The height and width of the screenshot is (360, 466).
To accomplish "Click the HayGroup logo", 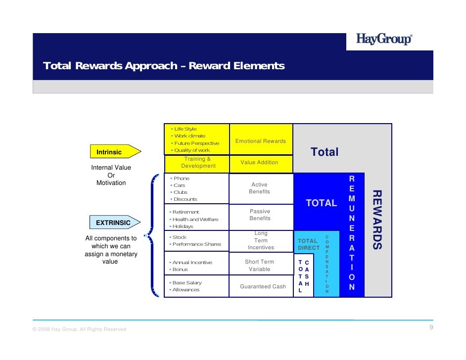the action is click(383, 40).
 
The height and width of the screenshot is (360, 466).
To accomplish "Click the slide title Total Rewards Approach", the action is click(164, 66).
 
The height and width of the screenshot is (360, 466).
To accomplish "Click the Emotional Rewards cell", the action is click(261, 141).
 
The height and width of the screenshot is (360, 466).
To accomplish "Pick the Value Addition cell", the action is click(259, 162).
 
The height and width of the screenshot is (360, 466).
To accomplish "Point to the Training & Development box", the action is click(197, 163).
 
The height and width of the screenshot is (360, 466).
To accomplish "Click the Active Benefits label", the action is click(259, 188).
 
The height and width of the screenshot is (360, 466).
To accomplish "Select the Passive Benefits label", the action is click(260, 215).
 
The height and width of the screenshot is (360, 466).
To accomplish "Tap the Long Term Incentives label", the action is click(261, 240).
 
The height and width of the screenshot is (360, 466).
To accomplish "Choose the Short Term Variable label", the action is click(259, 266).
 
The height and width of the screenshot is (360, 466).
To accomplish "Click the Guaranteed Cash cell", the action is click(263, 286).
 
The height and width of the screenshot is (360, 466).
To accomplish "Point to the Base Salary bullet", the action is click(187, 283).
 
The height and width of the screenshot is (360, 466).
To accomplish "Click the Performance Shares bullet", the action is click(196, 244).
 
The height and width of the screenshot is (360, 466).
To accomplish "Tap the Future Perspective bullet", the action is click(196, 143).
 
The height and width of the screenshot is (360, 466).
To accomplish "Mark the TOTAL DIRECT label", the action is click(308, 244).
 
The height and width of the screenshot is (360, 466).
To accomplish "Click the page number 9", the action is click(431, 328).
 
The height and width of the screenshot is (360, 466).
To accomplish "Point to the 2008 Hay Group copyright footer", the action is click(79, 329).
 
